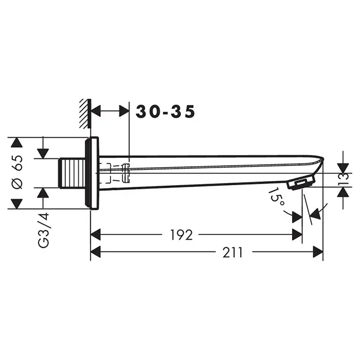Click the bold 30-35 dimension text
[165, 112]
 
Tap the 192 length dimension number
[181, 235]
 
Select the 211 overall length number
[232, 253]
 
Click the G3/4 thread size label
[44, 230]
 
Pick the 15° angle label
[277, 197]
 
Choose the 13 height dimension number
[343, 180]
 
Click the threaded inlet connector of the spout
[72, 173]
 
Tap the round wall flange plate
[92, 173]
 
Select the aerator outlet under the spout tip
[301, 183]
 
